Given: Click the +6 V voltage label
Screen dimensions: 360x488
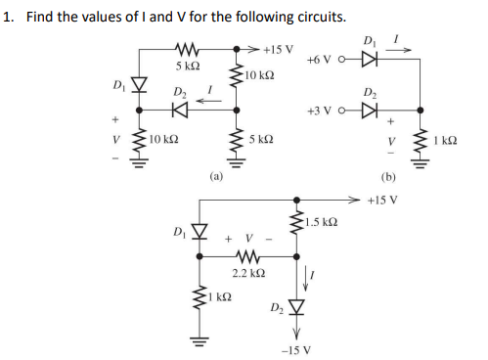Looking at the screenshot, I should (319, 60).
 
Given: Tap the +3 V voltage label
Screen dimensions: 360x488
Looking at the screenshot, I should (319, 108).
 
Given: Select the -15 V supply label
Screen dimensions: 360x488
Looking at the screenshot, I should (297, 349).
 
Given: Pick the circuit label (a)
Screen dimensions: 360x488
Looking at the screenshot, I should (216, 177).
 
